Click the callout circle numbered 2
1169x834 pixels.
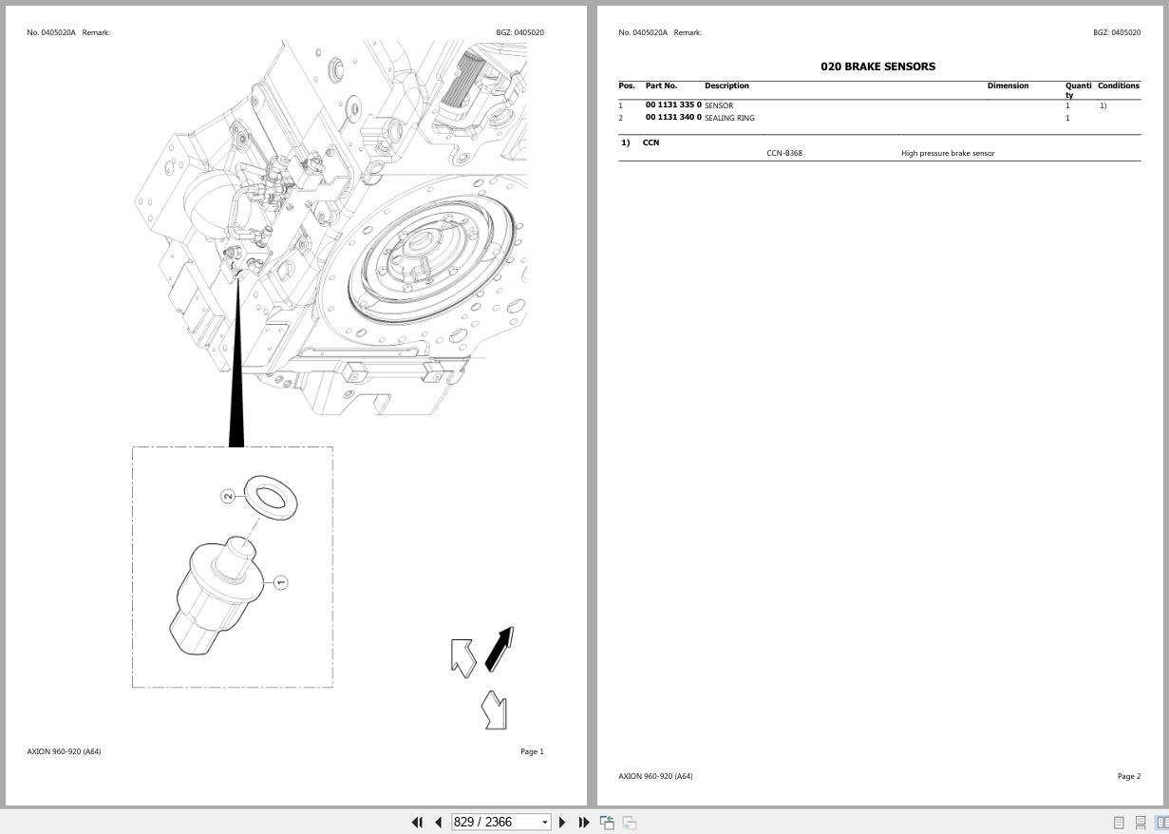(x=228, y=496)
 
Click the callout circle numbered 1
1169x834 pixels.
(x=280, y=582)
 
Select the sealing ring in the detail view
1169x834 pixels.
(x=271, y=498)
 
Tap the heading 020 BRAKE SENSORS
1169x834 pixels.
(x=877, y=66)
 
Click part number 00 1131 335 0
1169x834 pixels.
(x=673, y=105)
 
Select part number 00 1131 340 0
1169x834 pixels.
(x=673, y=118)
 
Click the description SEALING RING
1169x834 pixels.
(x=729, y=118)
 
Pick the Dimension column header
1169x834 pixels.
(x=1008, y=85)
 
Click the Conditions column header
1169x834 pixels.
(x=1118, y=85)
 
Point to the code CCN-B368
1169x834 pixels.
(x=784, y=153)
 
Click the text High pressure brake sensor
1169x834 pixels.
(x=948, y=153)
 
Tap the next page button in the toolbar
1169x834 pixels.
(x=562, y=823)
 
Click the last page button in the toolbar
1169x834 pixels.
(x=584, y=823)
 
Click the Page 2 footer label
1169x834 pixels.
(x=1128, y=776)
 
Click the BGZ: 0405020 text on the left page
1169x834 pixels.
(x=519, y=32)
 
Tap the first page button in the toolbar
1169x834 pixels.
(x=416, y=823)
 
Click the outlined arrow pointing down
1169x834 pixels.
(x=495, y=711)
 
